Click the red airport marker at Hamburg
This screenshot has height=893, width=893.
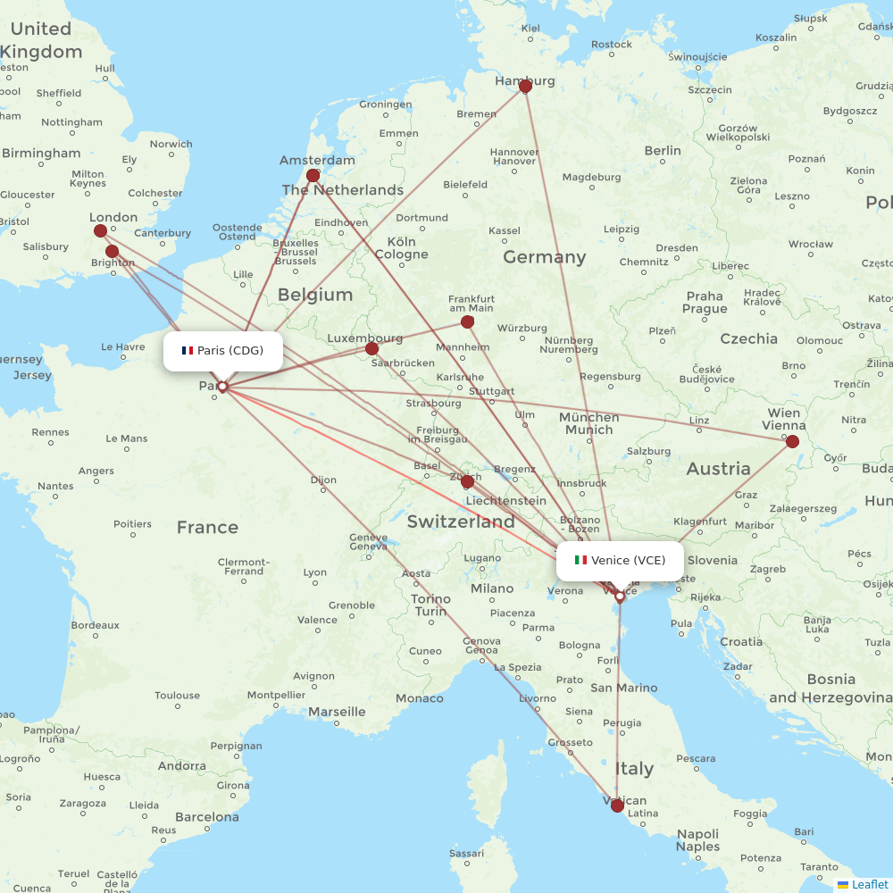pos(525,86)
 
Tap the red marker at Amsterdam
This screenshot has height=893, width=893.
pos(313,176)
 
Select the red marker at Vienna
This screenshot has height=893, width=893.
pos(792,441)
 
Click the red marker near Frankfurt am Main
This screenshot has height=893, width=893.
pos(467,321)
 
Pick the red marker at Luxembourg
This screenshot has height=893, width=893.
pos(372,348)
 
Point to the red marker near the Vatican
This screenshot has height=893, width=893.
pos(617,805)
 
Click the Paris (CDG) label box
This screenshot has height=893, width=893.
pos(222,350)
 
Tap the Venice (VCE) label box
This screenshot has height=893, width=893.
pos(620,561)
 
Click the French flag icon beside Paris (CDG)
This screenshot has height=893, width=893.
pos(188,350)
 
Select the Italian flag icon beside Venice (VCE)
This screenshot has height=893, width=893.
pos(580,561)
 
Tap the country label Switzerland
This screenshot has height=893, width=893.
pos(461,522)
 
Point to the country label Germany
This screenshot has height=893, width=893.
pos(544,257)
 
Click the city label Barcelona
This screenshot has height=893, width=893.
pos(207,816)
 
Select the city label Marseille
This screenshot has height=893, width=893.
pos(337,712)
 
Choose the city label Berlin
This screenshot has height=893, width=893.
pos(663,150)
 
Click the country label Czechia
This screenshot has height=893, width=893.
pos(748,338)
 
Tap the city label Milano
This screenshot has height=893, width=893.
pos(492,588)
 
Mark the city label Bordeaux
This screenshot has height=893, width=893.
pos(95,625)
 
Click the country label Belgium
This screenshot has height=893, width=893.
pos(315,294)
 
